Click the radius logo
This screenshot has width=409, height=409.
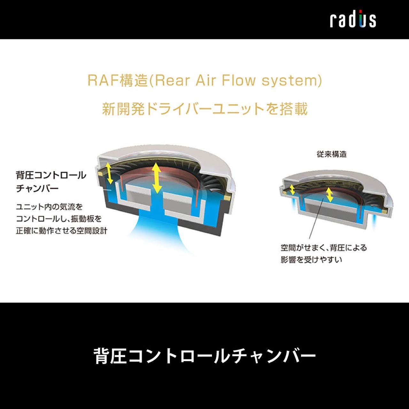pos(353,20)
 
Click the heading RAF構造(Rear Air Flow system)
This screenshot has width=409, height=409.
pos(204,81)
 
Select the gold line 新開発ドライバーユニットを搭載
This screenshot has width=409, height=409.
pos(204,109)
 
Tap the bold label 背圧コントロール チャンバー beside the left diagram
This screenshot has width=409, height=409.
pos(51,181)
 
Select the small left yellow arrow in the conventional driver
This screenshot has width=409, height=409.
pos(292,190)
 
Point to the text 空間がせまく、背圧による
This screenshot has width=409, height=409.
pos(323,248)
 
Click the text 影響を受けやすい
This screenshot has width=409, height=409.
pos(311,259)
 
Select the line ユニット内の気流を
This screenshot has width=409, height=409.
pos(49,207)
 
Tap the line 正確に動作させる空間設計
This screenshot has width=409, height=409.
pos(61,231)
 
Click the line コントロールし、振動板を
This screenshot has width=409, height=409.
pos(59,219)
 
